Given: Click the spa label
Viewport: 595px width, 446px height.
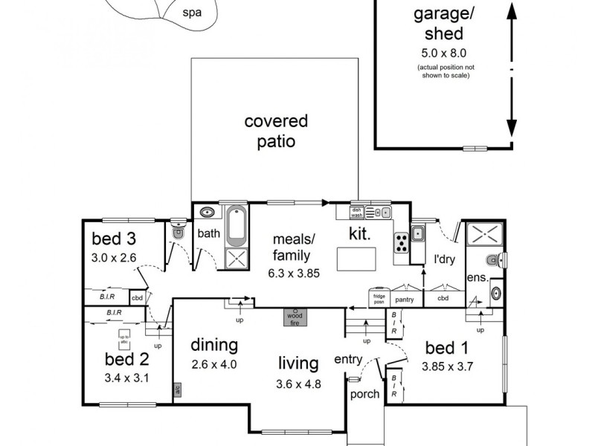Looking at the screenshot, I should (193, 12).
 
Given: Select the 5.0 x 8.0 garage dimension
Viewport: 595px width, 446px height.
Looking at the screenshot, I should (444, 53).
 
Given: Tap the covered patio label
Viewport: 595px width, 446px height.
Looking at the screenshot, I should (276, 131).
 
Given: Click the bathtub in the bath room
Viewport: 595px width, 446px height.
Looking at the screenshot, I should (237, 226).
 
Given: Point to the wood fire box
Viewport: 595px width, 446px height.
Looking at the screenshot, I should (295, 317).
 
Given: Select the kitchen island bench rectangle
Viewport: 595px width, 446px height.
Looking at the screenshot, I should (356, 259).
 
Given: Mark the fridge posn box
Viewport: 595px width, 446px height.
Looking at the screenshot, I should (379, 299).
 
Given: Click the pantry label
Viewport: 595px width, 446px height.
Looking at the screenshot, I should (405, 299).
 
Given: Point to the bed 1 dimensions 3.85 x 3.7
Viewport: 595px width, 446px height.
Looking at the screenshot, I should (448, 366).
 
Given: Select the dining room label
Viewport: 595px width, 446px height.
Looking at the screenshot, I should (214, 345).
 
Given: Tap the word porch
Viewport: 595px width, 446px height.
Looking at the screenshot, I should (364, 394).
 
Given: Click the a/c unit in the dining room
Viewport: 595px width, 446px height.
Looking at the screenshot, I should (177, 389).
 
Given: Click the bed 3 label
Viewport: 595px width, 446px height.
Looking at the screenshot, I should (114, 239).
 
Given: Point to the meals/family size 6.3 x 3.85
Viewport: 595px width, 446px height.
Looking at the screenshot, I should (294, 273).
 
